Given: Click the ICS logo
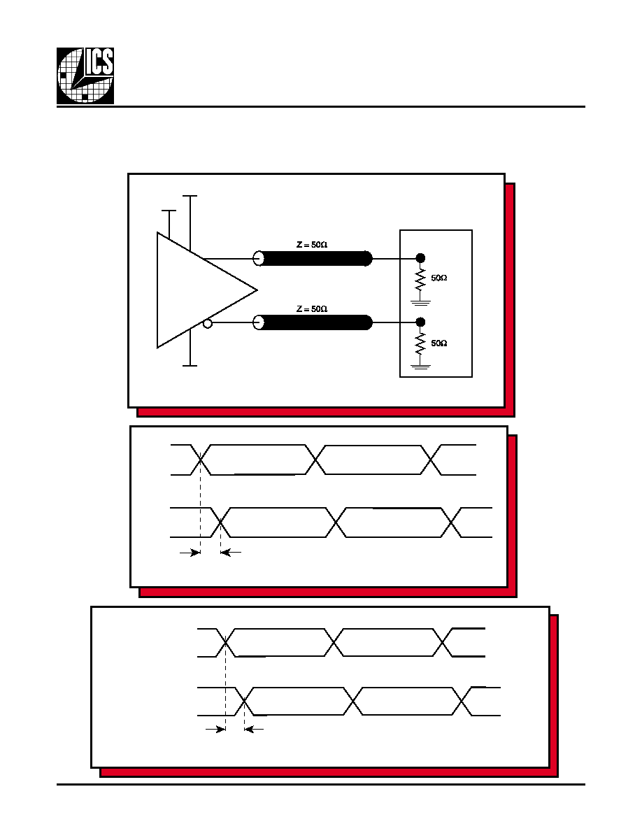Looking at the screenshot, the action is tap(85, 76).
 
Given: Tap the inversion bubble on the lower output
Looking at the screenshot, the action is tap(208, 323).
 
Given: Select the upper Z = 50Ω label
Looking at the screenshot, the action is tap(312, 245).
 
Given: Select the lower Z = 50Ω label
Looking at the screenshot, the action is tap(312, 309).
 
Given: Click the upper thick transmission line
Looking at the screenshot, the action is tap(316, 259).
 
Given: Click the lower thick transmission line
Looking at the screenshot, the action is tap(316, 322).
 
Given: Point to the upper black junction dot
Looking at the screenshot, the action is tap(420, 258).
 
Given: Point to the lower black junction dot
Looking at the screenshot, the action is tap(420, 322).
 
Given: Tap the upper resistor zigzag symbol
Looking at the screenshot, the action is tap(420, 280).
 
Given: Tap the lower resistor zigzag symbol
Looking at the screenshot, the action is tap(420, 344).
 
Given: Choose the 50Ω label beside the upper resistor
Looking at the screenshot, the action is tap(439, 278).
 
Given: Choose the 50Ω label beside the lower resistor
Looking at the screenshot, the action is tap(439, 343).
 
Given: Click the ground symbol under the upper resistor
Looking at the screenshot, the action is tap(420, 303).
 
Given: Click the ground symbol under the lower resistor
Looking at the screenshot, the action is tap(420, 367).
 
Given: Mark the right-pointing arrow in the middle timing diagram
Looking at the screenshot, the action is tap(190, 553).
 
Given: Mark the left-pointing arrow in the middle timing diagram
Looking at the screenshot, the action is tap(230, 553).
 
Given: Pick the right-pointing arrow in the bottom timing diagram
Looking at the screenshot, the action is tap(215, 730).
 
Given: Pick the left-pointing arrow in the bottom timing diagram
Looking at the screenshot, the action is tap(254, 730).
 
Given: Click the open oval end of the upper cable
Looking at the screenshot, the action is tap(259, 259).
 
